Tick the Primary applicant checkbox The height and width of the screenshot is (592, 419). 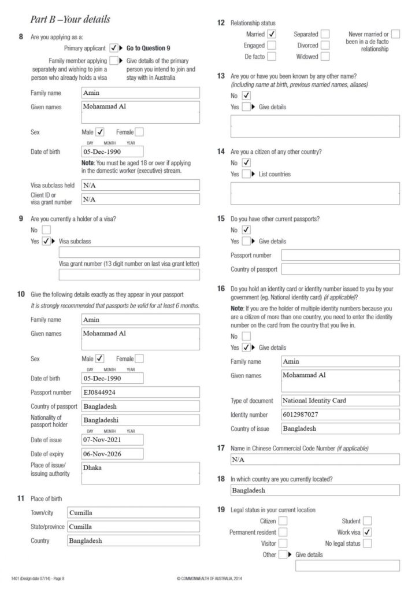[114, 48]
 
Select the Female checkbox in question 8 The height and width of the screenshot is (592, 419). [139, 132]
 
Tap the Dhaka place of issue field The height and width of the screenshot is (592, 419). [141, 473]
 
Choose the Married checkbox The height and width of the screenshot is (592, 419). [272, 34]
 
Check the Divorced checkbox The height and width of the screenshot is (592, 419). [325, 45]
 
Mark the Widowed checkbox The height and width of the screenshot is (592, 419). [325, 57]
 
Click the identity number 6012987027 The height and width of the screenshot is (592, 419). [301, 415]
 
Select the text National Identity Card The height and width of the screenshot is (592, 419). [314, 400]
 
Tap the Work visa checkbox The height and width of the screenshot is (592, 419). [367, 532]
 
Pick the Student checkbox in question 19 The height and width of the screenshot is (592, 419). [367, 521]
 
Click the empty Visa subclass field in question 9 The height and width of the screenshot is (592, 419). [129, 252]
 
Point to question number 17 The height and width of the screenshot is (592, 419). [220, 448]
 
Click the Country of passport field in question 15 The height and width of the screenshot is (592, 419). [340, 269]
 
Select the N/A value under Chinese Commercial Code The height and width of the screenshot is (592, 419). [238, 460]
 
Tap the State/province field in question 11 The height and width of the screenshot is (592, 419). [133, 527]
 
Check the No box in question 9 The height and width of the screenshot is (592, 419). [47, 230]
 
